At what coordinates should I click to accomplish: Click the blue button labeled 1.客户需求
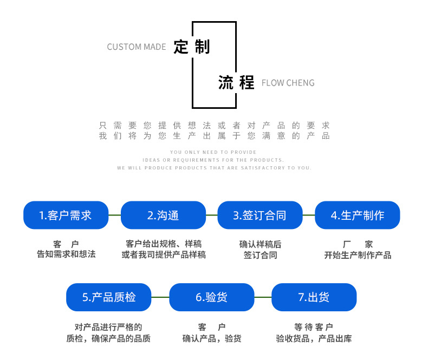[66, 215]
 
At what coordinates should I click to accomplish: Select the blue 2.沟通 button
[163, 215]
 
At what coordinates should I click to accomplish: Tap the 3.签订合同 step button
[260, 215]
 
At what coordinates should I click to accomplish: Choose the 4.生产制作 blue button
[358, 215]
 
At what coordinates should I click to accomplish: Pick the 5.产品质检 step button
[109, 297]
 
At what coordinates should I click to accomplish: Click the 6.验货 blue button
[212, 297]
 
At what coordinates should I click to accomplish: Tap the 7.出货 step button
[314, 297]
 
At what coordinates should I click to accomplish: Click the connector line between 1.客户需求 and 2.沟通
[114, 215]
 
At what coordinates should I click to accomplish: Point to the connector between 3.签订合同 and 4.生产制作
[309, 215]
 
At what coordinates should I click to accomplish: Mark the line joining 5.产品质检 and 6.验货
[160, 297]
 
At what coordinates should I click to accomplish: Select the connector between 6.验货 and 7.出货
[263, 297]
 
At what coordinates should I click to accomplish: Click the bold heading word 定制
[191, 47]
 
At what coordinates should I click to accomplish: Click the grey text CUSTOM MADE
[137, 47]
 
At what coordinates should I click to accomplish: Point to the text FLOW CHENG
[288, 83]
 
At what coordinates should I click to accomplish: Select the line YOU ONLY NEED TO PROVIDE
[213, 152]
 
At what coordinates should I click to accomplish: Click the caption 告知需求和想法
[66, 254]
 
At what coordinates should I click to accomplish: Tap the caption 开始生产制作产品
[358, 255]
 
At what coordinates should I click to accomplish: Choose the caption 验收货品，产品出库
[314, 339]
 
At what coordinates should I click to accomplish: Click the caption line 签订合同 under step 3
[260, 255]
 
